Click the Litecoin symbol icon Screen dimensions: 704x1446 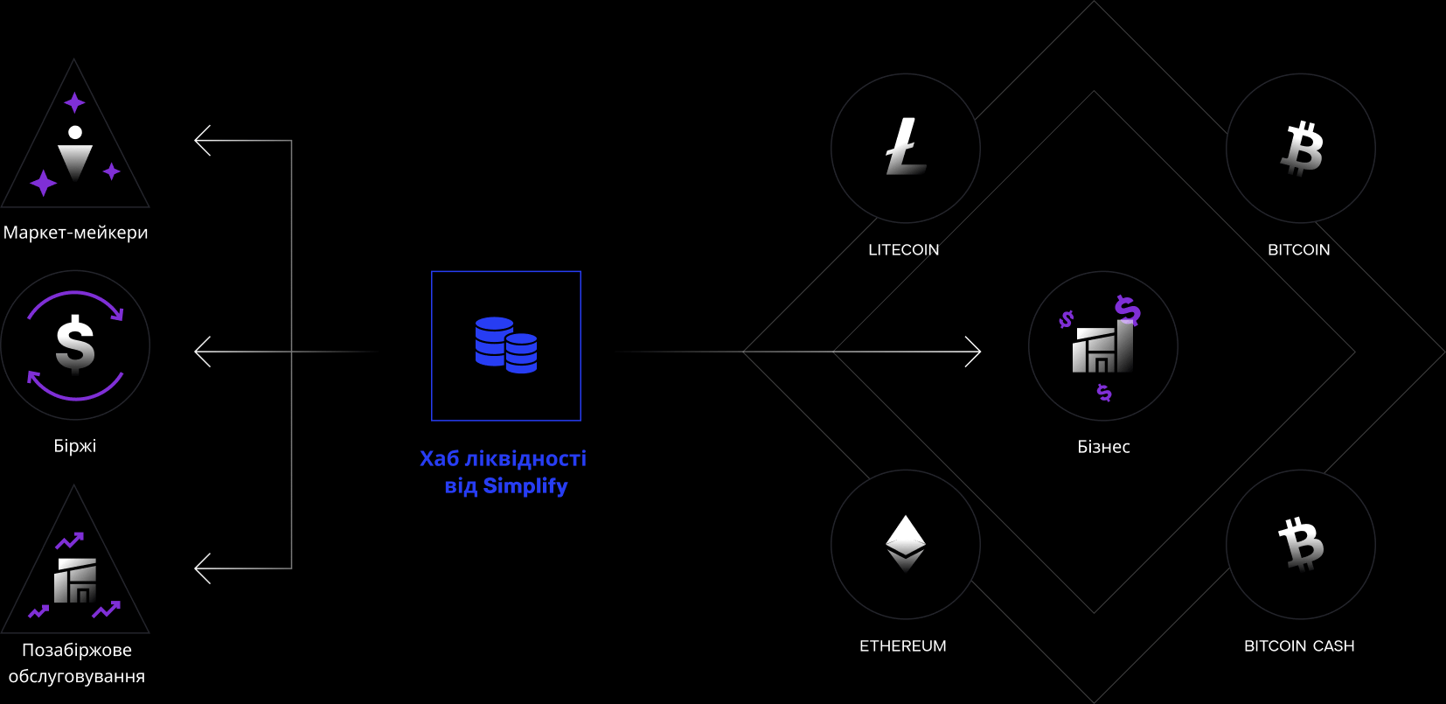(x=906, y=147)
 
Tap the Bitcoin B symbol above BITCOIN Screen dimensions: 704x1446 (x=1302, y=149)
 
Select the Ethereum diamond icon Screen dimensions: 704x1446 (x=906, y=543)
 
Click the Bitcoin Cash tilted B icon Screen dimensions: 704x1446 (x=1301, y=543)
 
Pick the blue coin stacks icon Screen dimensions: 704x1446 (x=506, y=345)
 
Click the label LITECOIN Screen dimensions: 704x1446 (x=904, y=250)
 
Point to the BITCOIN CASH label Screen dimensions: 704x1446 (x=1299, y=646)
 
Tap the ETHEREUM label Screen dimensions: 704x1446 (x=903, y=646)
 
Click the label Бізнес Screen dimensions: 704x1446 (x=1103, y=447)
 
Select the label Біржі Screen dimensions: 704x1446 (x=75, y=446)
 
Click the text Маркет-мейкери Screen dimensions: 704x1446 (x=76, y=233)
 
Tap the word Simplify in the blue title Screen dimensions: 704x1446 (x=525, y=486)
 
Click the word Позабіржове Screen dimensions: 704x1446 (x=77, y=650)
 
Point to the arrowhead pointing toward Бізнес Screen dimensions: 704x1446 (x=974, y=352)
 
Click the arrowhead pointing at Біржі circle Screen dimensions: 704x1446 (x=202, y=352)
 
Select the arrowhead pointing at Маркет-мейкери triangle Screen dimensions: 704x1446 (x=202, y=140)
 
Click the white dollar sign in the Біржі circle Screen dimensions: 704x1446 (x=75, y=344)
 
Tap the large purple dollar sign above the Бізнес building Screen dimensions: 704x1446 (x=1128, y=310)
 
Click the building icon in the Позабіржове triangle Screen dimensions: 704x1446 (x=75, y=581)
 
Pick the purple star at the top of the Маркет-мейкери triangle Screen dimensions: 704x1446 (x=74, y=103)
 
